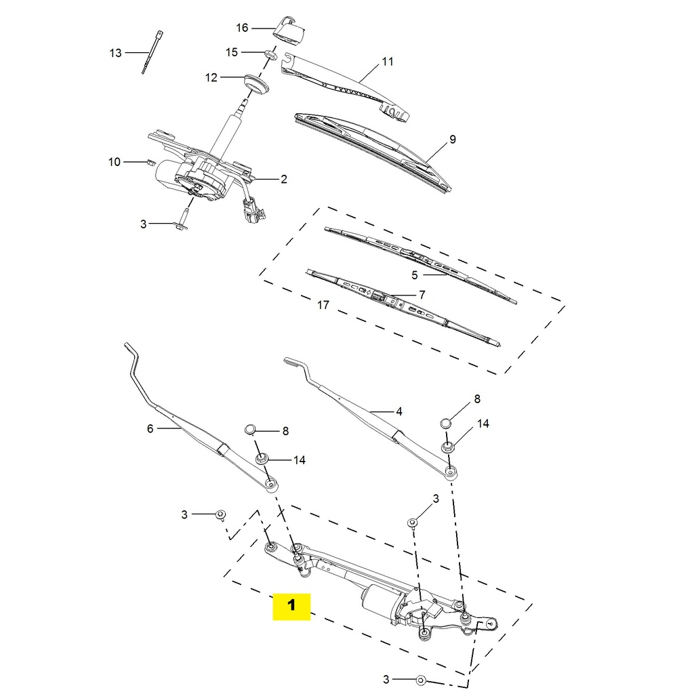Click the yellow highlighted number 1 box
tap(291, 606)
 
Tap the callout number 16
tap(242, 28)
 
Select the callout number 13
tap(115, 53)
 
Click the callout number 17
tap(323, 305)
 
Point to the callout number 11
tap(387, 62)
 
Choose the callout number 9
tap(452, 140)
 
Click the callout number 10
tap(115, 162)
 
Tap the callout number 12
tap(211, 78)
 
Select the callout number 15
tap(232, 52)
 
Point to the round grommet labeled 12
tap(256, 83)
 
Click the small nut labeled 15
tap(270, 56)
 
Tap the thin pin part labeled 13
tap(152, 52)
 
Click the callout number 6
tap(150, 428)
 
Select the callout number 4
tap(399, 411)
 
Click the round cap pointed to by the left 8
tap(251, 428)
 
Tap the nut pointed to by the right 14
tap(447, 447)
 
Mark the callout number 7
tap(422, 295)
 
